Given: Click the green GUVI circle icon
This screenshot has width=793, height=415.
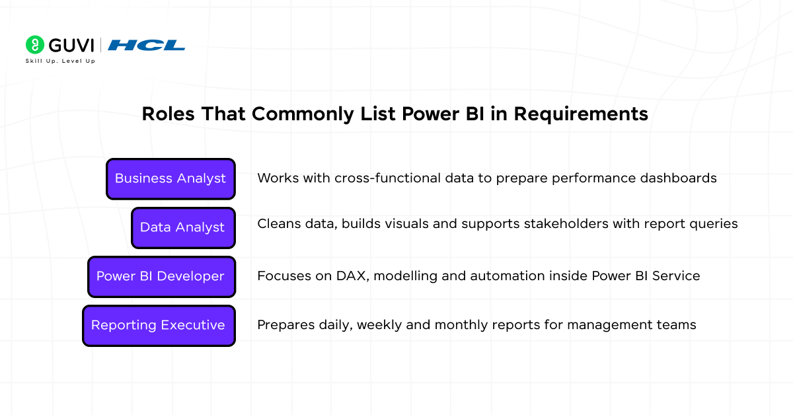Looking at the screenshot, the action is tap(35, 45).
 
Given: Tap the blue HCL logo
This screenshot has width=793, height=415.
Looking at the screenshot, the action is tap(146, 46).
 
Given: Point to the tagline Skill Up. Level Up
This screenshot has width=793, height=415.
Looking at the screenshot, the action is tap(60, 61).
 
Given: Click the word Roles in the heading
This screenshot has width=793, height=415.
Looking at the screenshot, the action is tap(168, 114).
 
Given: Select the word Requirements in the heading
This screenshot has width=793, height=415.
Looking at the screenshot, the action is tap(581, 114).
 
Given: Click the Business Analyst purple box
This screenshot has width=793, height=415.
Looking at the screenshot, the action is tap(170, 179).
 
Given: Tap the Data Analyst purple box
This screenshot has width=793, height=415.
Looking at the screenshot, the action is tap(184, 228).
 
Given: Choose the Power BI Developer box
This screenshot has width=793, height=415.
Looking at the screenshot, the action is tap(161, 276).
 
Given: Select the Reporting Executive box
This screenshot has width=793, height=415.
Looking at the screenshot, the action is tap(159, 325).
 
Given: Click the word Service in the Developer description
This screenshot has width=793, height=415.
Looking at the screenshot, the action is tap(676, 276).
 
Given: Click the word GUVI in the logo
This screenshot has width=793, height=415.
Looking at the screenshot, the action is tap(71, 46).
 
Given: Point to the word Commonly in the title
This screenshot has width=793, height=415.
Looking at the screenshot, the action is tap(303, 114).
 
